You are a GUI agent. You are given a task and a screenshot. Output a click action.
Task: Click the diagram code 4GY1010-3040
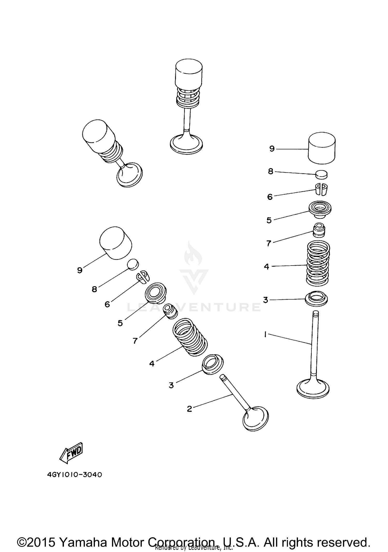75,475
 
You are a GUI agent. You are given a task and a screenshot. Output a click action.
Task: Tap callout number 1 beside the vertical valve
265,335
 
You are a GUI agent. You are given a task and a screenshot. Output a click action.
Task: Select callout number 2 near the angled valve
189,409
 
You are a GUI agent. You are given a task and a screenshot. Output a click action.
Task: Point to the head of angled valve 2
256,418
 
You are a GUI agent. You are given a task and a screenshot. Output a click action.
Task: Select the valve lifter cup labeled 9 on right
322,148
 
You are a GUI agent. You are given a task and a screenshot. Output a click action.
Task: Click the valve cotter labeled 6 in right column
322,190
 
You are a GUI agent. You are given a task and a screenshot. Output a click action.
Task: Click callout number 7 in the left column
135,341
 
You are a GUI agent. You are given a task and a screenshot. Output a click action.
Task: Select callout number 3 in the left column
171,385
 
